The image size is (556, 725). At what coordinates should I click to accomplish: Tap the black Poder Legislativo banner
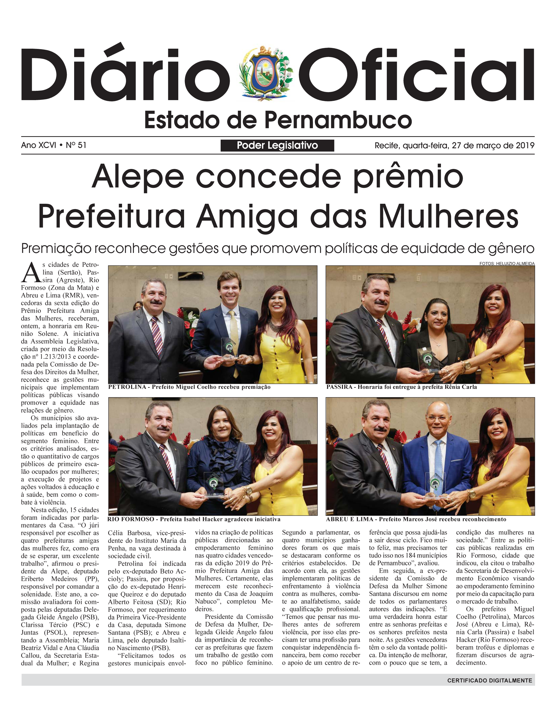click(277, 145)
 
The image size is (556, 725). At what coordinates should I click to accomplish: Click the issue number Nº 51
click(76, 145)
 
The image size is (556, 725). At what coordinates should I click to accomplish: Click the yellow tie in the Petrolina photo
click(234, 334)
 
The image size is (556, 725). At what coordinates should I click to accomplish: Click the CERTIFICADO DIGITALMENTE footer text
click(489, 681)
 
